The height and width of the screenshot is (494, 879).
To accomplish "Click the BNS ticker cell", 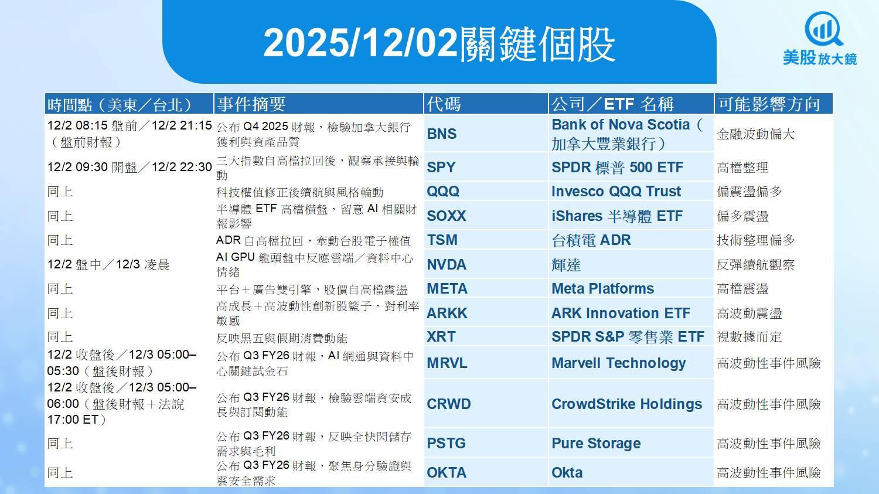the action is coord(441,134).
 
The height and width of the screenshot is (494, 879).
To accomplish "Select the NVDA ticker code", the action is coord(446,264).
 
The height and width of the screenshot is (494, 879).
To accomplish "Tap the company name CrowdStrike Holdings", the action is coord(626,404).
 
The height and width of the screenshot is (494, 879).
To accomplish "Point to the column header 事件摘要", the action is coord(251,104).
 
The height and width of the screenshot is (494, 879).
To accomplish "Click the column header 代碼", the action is coord(444,104).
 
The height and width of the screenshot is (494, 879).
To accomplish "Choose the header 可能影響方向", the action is coord(769,104).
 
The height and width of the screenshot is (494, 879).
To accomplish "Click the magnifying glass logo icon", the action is coord(823,29).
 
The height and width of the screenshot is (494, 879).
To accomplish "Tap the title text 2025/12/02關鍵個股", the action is coord(439,44).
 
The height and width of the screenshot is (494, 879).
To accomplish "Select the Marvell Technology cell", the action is coord(618,363).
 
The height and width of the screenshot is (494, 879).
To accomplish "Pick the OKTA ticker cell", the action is coord(446,472).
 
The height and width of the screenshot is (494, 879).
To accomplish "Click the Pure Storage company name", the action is coord(596,443).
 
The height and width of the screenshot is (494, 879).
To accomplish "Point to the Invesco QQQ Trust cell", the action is coord(616,191).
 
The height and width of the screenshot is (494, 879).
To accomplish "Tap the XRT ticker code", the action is coord(441,336).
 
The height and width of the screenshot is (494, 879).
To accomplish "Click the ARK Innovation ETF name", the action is coord(621,313).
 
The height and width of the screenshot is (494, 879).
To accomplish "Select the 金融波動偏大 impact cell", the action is coord(755,134).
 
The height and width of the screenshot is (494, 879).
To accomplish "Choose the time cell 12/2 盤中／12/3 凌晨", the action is coord(108,264).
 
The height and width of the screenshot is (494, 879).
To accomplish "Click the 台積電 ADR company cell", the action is coord(591,240).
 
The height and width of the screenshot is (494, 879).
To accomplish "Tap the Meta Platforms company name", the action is coord(602,288).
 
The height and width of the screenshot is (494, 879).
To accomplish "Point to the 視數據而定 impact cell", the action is coord(749,336).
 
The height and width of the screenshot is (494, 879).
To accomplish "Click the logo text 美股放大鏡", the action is coord(820,58).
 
